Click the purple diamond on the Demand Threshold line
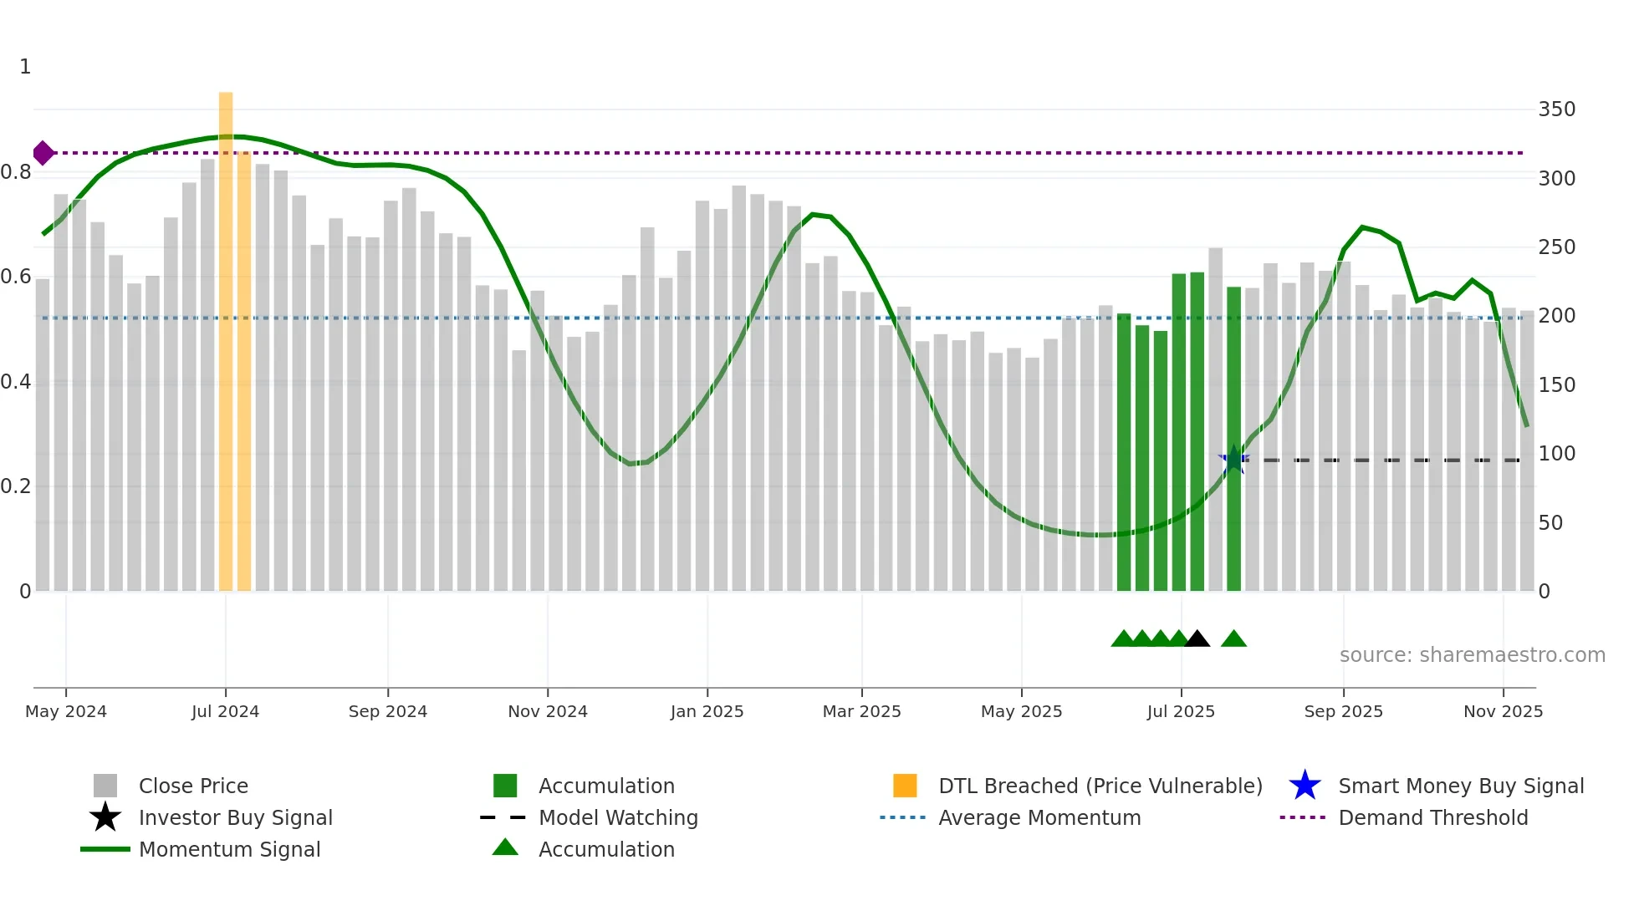[43, 153]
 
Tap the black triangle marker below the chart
[1197, 639]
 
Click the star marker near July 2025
[1233, 460]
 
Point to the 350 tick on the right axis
[1556, 109]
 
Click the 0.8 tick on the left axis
[16, 172]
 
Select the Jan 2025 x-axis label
[707, 711]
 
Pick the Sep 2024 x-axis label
[387, 711]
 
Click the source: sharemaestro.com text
[1472, 655]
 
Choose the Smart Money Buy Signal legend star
[1305, 786]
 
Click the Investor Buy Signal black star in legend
[105, 817]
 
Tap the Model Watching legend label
[618, 817]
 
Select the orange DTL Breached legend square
[905, 786]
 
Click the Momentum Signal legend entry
[229, 849]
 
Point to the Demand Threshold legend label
[1432, 817]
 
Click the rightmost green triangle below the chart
[1233, 639]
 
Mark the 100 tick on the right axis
[1556, 454]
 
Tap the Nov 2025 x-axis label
[1503, 711]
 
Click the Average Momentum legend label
[1039, 817]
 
